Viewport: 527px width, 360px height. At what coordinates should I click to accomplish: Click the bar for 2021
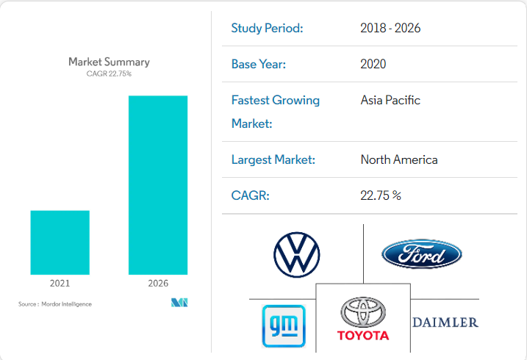point(60,242)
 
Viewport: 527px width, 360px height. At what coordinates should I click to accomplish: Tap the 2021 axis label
point(60,283)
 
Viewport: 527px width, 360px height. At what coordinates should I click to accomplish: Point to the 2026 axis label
point(158,283)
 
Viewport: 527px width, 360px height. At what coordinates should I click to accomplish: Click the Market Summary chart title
point(109,62)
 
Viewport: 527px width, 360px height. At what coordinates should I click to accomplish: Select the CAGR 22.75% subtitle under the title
point(109,73)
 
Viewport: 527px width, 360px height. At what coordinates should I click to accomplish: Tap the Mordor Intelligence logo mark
point(179,303)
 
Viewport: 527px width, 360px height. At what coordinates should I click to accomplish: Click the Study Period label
point(267,29)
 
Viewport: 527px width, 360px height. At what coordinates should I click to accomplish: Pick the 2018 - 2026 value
point(390,29)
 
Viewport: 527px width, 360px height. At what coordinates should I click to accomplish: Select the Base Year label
point(258,64)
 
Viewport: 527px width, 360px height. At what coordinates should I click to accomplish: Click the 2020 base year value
point(373,64)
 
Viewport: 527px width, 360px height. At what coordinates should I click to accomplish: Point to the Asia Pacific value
point(390,100)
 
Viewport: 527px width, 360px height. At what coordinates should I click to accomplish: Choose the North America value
point(399,159)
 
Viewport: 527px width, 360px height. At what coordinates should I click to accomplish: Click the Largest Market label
point(273,159)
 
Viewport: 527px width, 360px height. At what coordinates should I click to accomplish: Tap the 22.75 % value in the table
point(381,195)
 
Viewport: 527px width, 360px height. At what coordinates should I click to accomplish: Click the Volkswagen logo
point(296,255)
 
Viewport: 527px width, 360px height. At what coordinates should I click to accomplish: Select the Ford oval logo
point(421,254)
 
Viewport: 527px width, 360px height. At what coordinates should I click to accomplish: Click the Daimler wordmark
point(445,322)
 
